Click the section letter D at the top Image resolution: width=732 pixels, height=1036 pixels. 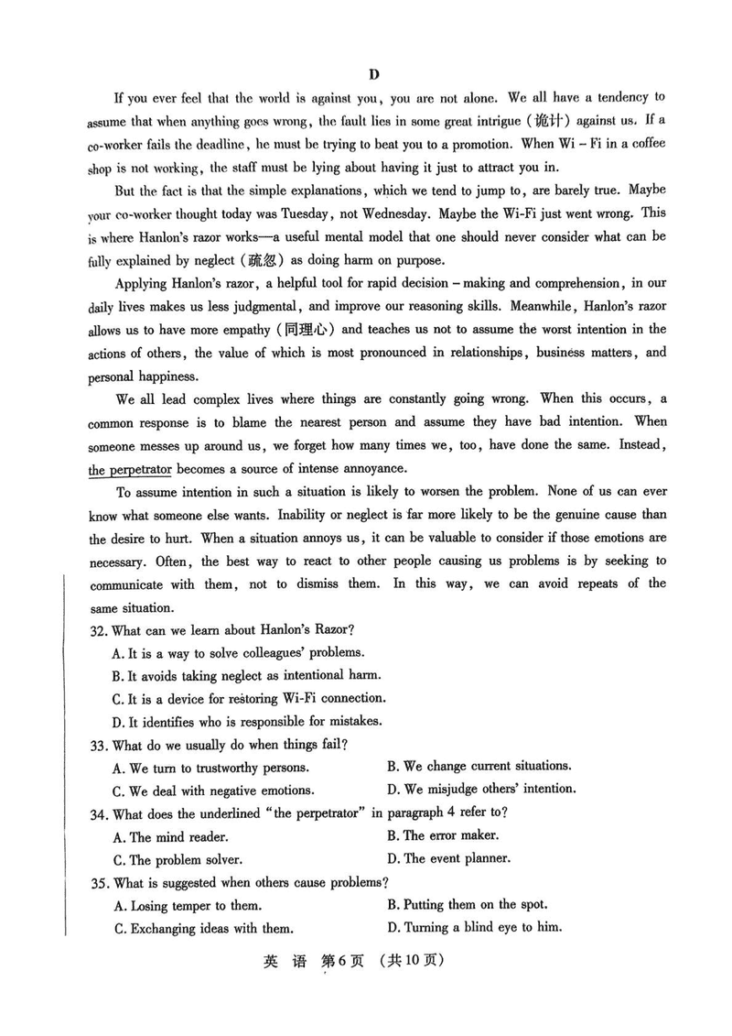pyautogui.click(x=373, y=74)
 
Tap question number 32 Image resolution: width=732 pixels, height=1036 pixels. pyautogui.click(x=99, y=629)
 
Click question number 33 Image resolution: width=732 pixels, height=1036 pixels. pyautogui.click(x=99, y=746)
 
